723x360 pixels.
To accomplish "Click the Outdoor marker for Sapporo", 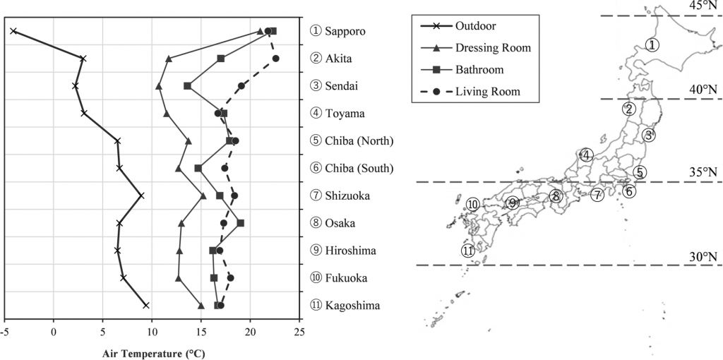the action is pyautogui.click(x=13, y=31).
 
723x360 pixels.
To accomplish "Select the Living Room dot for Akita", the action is pyautogui.click(x=276, y=59).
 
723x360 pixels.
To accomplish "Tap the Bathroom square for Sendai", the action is pyautogui.click(x=187, y=86).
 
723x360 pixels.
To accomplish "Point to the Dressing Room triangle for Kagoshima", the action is pyautogui.click(x=201, y=306).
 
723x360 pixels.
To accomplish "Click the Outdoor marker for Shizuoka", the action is pyautogui.click(x=141, y=196).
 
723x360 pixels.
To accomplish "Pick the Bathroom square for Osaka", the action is pyautogui.click(x=240, y=223).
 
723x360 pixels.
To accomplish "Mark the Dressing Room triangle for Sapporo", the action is pyautogui.click(x=260, y=31).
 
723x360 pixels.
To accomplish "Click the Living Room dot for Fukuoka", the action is pyautogui.click(x=231, y=278).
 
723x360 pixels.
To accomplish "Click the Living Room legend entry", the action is pyautogui.click(x=470, y=91).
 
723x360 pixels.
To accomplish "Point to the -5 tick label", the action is pyautogui.click(x=5, y=332).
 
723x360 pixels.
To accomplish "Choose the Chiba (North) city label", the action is pyautogui.click(x=352, y=141).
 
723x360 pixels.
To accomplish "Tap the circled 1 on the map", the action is pyautogui.click(x=652, y=44).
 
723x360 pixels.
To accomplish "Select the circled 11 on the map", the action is pyautogui.click(x=467, y=251).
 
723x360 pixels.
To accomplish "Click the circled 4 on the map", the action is pyautogui.click(x=586, y=155).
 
